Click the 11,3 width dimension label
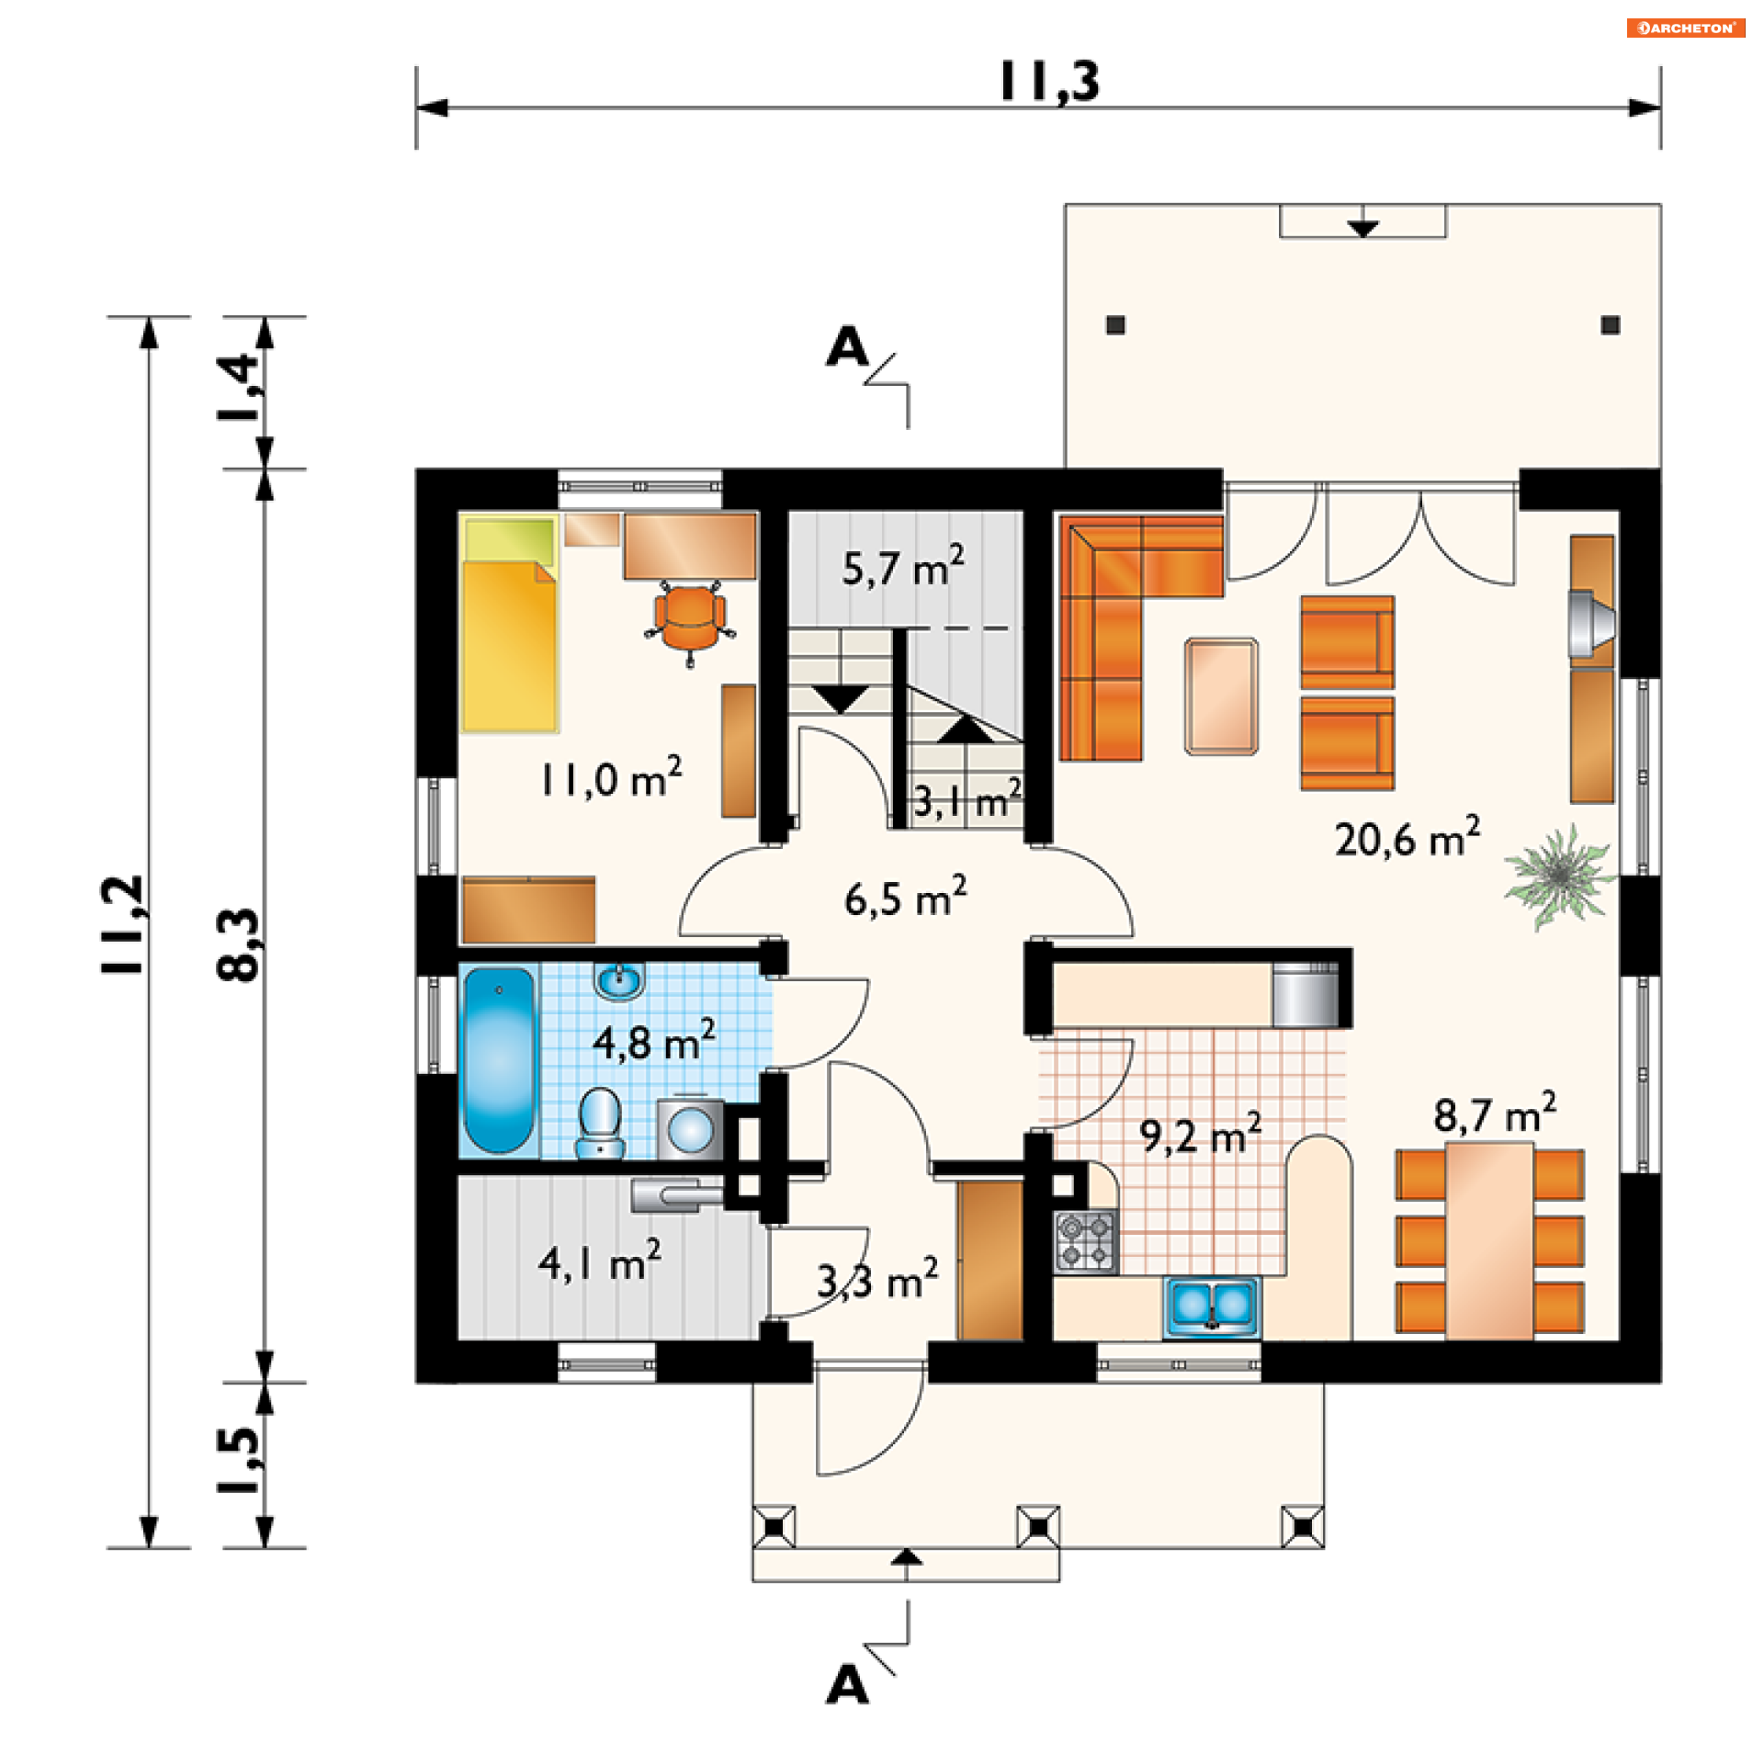1048,82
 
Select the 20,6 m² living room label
1407,836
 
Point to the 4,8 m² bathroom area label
653,1040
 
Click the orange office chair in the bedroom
690,622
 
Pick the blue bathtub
499,1058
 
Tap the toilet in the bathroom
600,1122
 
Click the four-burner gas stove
1086,1241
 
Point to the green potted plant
1558,876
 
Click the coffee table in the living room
1221,696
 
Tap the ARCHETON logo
1686,28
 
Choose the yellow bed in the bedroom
510,625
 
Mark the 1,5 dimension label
238,1460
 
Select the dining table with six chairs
1489,1240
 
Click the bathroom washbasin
619,981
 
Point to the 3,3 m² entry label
877,1279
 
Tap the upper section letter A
847,347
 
